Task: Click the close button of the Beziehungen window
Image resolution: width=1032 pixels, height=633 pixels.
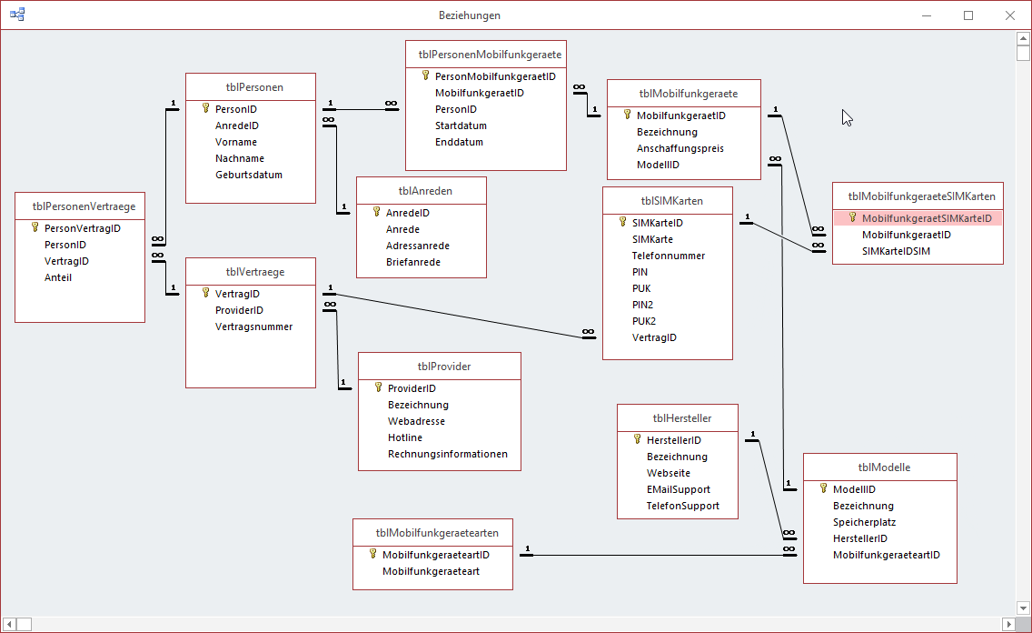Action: pos(1009,15)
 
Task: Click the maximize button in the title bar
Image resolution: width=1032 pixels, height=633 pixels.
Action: pos(968,15)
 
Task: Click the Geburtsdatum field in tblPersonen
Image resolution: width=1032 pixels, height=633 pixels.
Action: pos(248,175)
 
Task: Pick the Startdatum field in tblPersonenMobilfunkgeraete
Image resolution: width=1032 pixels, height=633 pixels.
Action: pos(461,126)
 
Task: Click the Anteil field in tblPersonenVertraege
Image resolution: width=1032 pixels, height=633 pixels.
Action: pos(58,277)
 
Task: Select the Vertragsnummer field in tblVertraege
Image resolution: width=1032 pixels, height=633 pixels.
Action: pos(253,327)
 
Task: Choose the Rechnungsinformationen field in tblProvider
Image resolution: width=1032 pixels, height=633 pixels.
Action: pos(447,454)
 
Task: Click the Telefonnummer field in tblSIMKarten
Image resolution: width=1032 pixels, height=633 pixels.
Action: pos(669,256)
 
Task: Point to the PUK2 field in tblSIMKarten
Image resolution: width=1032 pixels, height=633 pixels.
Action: pos(644,321)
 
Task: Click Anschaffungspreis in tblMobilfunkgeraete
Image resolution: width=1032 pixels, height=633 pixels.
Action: pos(680,148)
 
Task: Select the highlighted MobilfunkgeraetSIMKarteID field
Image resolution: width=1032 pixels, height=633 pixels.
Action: pos(926,218)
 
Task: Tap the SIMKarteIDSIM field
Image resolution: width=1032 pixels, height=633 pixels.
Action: pos(896,251)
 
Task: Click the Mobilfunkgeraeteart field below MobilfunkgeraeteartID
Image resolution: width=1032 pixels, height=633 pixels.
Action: pos(431,571)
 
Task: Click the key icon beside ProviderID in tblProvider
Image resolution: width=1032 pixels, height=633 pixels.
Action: pos(379,387)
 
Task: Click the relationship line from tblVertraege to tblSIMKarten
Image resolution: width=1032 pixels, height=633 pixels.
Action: pos(454,315)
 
